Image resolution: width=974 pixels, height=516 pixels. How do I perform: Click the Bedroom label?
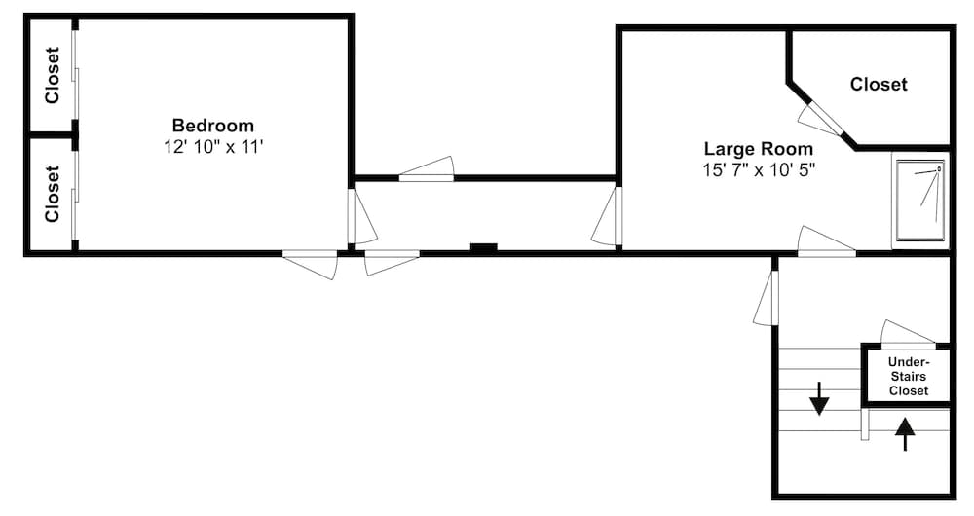213,126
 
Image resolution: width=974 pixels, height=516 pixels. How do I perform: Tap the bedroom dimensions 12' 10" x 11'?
213,147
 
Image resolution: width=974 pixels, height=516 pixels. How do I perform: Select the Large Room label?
759,149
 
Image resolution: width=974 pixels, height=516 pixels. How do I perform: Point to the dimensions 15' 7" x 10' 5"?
759,169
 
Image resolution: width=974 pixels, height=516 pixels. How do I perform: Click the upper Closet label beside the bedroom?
53,75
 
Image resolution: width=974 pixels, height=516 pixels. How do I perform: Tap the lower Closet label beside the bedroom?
53,193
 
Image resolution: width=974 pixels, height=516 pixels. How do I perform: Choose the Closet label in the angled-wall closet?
879,84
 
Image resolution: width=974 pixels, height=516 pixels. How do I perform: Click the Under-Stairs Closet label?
909,376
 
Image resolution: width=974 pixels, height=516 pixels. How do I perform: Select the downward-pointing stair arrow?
819,398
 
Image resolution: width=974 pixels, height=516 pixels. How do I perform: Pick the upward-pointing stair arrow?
905,433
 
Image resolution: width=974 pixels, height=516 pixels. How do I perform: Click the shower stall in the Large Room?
920,200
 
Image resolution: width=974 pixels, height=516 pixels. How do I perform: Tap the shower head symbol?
939,168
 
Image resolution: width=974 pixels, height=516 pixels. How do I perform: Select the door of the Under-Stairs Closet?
907,334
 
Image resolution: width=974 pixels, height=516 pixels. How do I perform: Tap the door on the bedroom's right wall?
361,216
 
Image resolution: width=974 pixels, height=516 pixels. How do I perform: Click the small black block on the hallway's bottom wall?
484,247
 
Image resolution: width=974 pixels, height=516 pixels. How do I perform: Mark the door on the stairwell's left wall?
766,298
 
